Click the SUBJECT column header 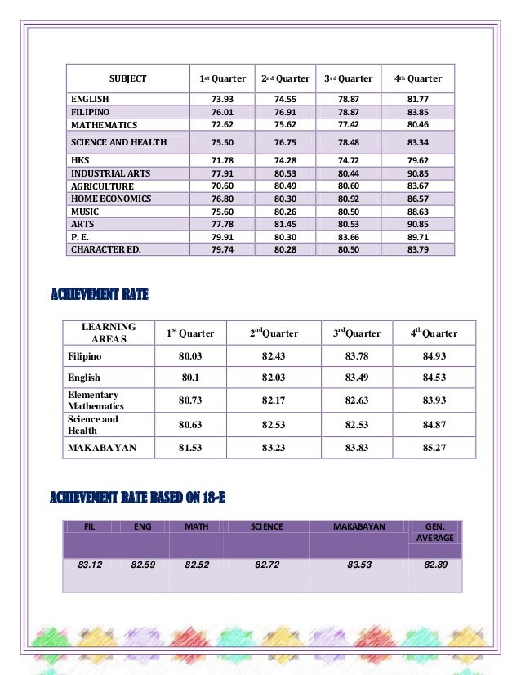point(128,79)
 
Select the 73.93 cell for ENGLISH point(223,99)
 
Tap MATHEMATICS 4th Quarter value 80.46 point(423,125)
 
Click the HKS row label point(80,160)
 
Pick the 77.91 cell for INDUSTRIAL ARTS point(223,173)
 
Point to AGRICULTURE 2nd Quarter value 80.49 point(285,186)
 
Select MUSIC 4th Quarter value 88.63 point(423,212)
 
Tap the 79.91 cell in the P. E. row point(223,237)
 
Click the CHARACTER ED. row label point(106,249)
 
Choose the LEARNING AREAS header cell point(109,333)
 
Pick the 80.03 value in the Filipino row point(190,356)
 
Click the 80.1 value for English point(190,378)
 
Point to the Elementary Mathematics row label point(96,400)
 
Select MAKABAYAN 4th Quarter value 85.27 point(434,447)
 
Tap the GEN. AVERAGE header point(434,533)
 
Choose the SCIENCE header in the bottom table point(266,527)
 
